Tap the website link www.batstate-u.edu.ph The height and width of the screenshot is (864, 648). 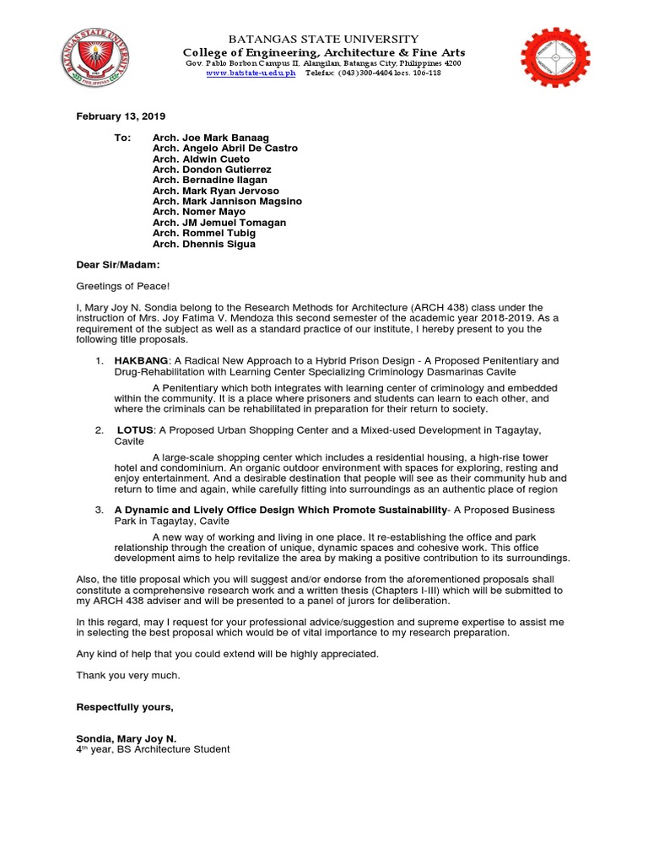point(251,73)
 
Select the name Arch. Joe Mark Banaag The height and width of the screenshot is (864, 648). point(212,137)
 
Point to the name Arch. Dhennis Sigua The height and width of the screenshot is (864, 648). point(203,245)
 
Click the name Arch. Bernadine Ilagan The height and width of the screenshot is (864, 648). point(209,180)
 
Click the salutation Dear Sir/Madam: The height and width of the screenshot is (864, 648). point(118,265)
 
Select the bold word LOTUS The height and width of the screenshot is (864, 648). point(135,430)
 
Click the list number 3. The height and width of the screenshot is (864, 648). point(99,510)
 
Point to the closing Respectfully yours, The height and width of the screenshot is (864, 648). point(125,706)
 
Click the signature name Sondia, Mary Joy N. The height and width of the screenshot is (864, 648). point(127,738)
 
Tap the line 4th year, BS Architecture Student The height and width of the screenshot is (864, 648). point(153,749)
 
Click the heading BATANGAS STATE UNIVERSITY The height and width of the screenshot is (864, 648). point(325,39)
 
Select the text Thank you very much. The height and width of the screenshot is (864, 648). point(128,675)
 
